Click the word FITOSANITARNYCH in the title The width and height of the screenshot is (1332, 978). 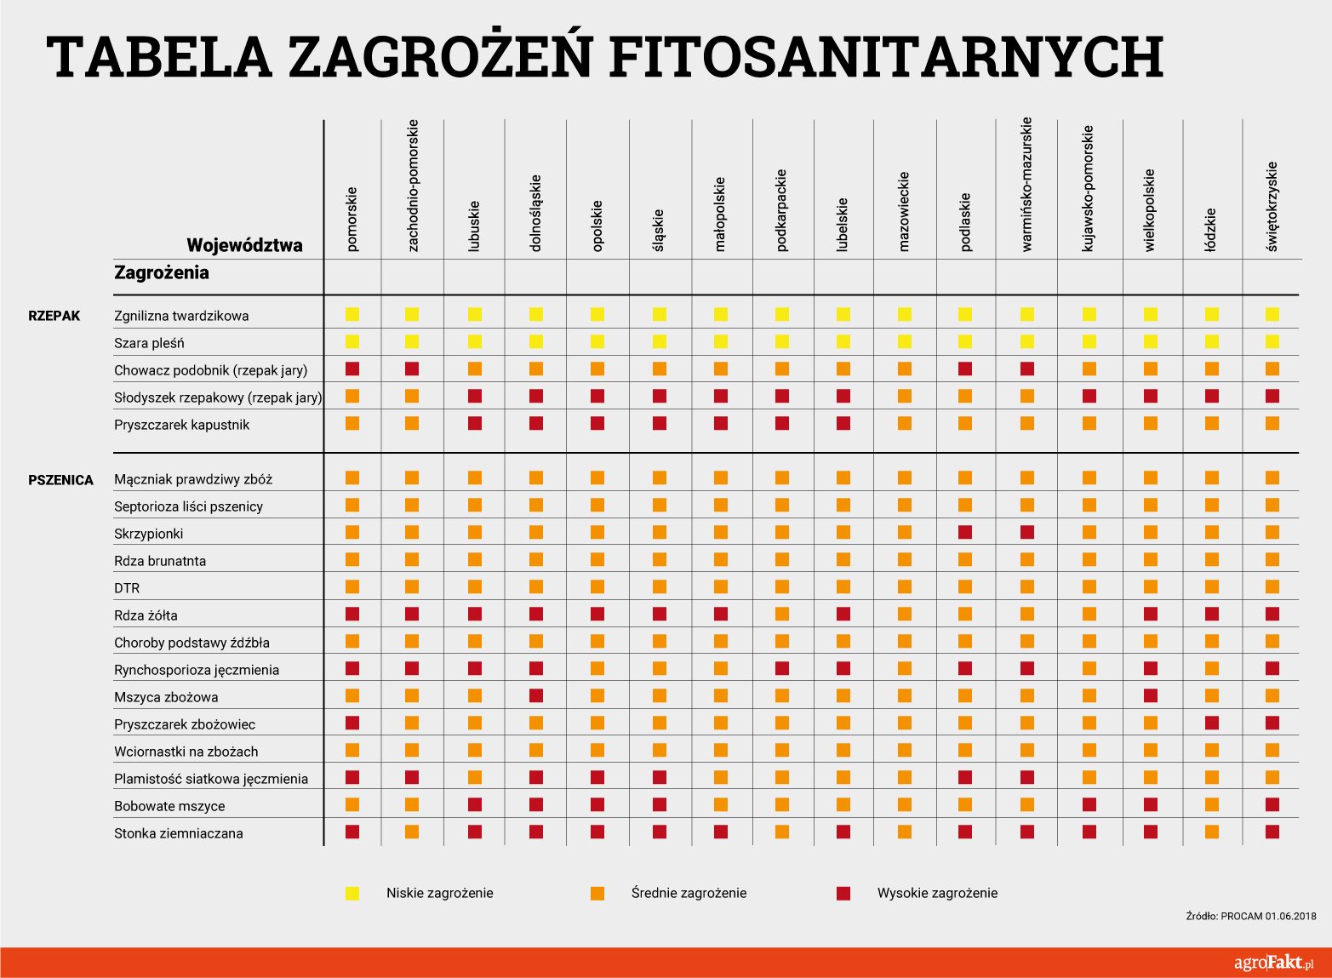point(887,57)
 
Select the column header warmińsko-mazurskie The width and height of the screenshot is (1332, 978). point(1027,185)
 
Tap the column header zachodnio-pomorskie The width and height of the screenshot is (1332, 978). point(412,186)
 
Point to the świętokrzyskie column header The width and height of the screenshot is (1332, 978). point(1272,207)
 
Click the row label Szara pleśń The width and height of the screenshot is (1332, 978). point(149,343)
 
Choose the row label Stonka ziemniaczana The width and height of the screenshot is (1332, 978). point(179,833)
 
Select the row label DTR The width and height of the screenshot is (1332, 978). point(127,588)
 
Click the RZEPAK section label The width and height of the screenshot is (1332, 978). point(54,316)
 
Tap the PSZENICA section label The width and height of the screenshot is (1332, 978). point(60,480)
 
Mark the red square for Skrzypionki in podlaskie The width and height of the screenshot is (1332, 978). point(965,532)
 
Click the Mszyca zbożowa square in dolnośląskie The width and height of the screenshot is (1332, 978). point(535,695)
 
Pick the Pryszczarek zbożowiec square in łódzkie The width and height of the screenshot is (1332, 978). point(1211,723)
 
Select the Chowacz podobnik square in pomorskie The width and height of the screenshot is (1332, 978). point(352,369)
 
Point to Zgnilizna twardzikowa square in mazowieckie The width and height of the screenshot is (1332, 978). point(905,314)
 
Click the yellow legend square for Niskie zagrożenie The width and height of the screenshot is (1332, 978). point(352,893)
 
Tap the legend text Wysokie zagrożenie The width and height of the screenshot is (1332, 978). point(937,893)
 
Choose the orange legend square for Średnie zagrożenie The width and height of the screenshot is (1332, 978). point(597,893)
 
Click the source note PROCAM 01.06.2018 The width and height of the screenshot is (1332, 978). point(1268,916)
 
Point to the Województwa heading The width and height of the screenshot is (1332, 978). point(244,245)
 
